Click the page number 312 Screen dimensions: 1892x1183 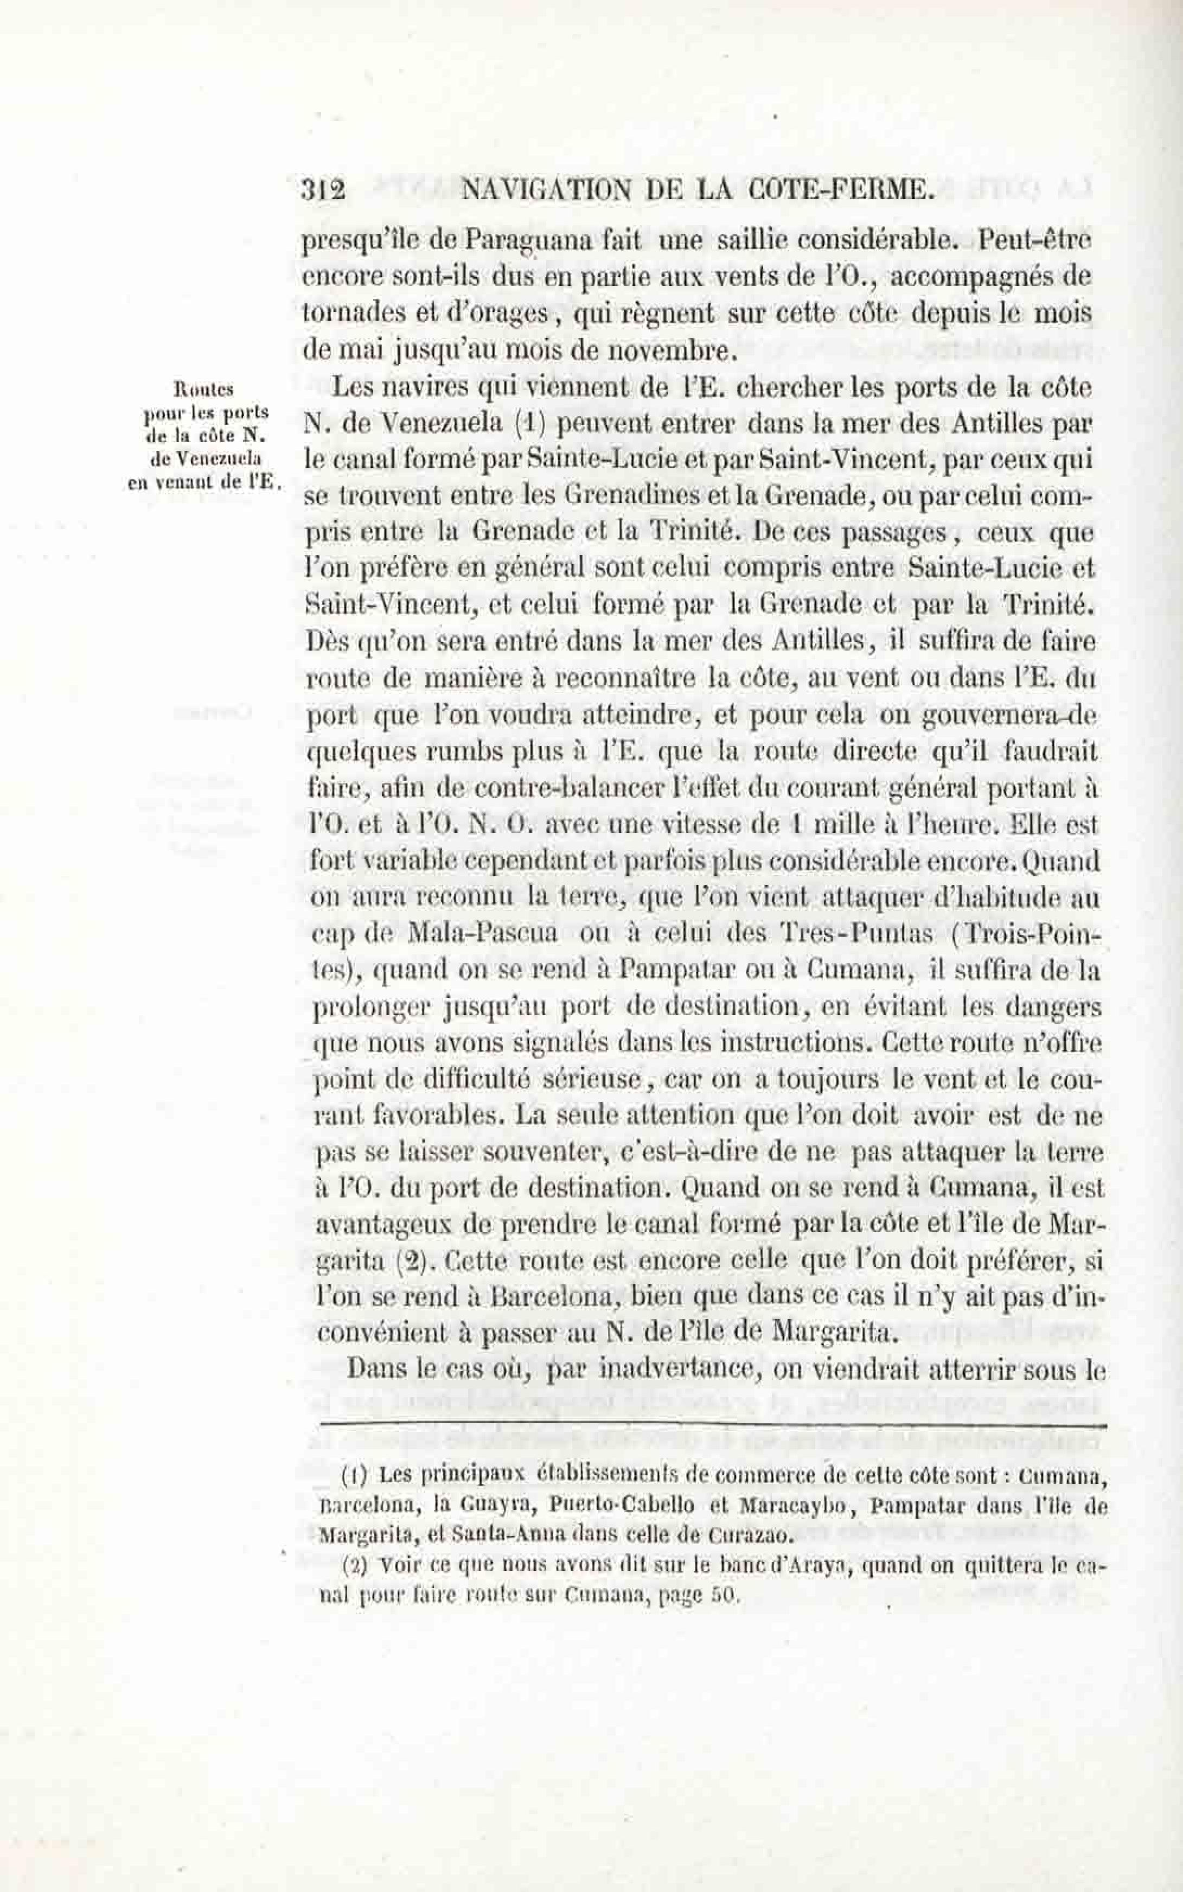[323, 190]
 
